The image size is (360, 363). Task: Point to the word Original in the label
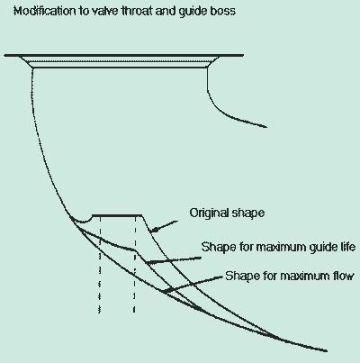tap(209, 213)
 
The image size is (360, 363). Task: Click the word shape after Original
tap(248, 213)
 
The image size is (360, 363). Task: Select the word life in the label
tap(348, 247)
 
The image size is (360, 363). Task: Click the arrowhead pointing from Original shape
tap(154, 230)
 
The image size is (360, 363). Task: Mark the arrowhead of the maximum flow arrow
tap(164, 290)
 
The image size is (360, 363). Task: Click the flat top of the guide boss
tap(117, 215)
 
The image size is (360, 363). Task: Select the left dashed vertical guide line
tap(100, 265)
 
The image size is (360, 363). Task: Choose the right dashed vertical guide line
tap(135, 265)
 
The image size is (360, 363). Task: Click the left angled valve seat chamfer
tap(26, 61)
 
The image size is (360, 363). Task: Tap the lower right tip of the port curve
tap(327, 350)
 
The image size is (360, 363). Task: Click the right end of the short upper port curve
tap(266, 127)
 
